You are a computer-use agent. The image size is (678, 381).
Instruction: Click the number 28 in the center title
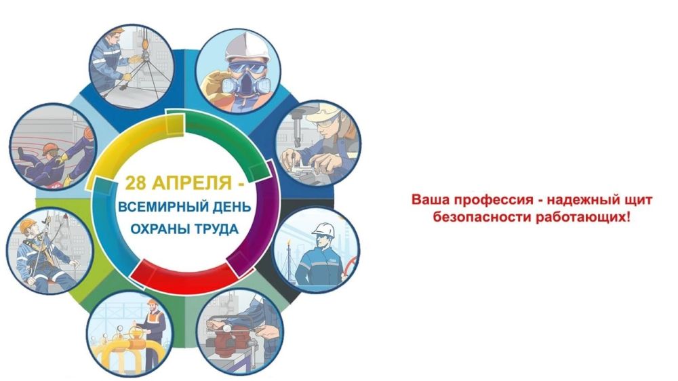coord(136,183)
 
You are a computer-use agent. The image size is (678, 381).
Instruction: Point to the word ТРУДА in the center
coord(214,228)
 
